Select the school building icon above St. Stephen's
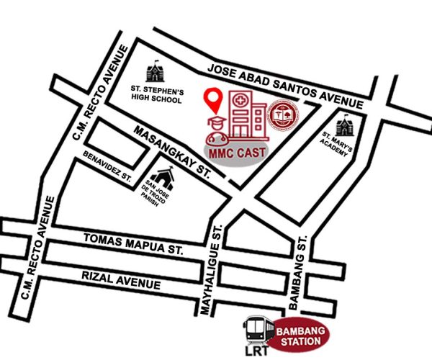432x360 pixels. point(155,72)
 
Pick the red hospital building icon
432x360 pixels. point(245,115)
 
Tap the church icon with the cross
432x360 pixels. point(165,175)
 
